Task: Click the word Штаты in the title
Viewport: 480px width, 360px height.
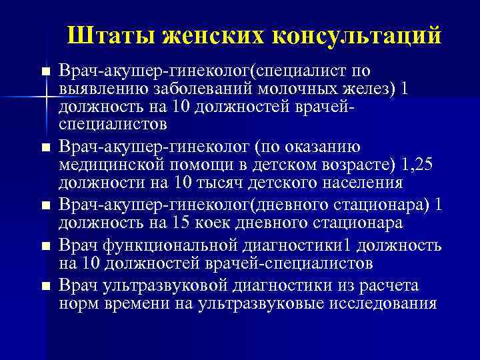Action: [107, 34]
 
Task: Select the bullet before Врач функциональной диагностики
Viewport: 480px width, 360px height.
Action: [45, 247]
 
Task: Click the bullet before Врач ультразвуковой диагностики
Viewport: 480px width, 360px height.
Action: [45, 287]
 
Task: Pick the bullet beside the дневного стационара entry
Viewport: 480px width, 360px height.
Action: [45, 206]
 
